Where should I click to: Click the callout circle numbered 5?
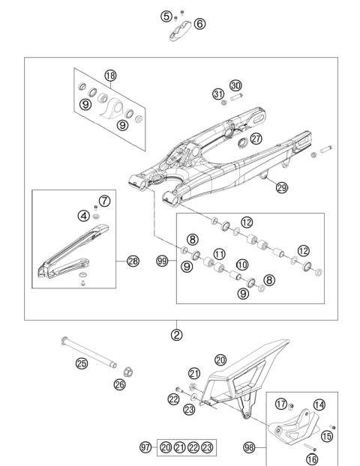tap(166, 15)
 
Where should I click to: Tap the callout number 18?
tap(111, 76)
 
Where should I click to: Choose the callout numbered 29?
tap(281, 188)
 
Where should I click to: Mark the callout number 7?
tap(105, 200)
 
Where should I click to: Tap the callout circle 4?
tap(84, 216)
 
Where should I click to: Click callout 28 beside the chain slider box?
tap(133, 261)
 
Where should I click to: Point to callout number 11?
tap(220, 255)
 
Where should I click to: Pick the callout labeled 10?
tap(241, 265)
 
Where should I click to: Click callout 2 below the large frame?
tap(177, 334)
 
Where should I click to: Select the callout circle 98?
tap(248, 448)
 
